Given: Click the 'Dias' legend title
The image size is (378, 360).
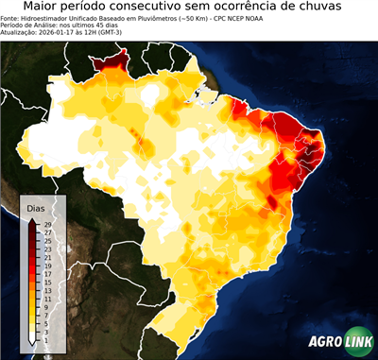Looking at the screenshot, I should point(36,208).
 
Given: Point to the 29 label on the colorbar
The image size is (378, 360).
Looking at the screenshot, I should point(47,224).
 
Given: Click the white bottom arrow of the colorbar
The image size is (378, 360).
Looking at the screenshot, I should point(34,338).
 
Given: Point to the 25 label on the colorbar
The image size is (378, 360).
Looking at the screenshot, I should point(47,240).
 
